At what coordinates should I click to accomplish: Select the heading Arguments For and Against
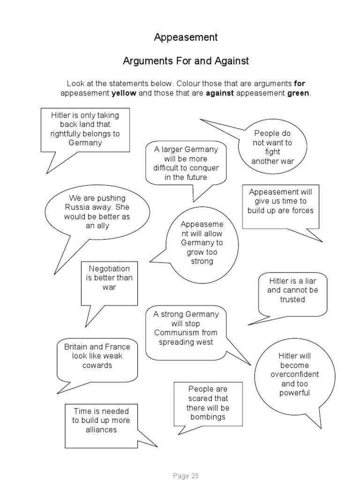pyautogui.click(x=186, y=61)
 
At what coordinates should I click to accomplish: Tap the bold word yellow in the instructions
pyautogui.click(x=124, y=93)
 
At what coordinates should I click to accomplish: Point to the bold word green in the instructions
pyautogui.click(x=298, y=93)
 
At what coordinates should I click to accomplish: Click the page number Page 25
pyautogui.click(x=186, y=475)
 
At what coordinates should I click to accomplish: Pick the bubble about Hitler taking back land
pyautogui.click(x=85, y=129)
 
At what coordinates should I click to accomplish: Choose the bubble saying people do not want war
pyautogui.click(x=272, y=147)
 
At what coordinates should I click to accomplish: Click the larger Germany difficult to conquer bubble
pyautogui.click(x=186, y=164)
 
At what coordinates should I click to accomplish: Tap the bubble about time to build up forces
pyautogui.click(x=280, y=202)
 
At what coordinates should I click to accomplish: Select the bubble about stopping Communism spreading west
pyautogui.click(x=186, y=328)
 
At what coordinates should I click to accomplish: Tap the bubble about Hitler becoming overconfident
pyautogui.click(x=295, y=375)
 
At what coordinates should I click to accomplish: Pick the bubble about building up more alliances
pyautogui.click(x=101, y=420)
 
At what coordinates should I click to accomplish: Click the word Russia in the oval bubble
pyautogui.click(x=77, y=207)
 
